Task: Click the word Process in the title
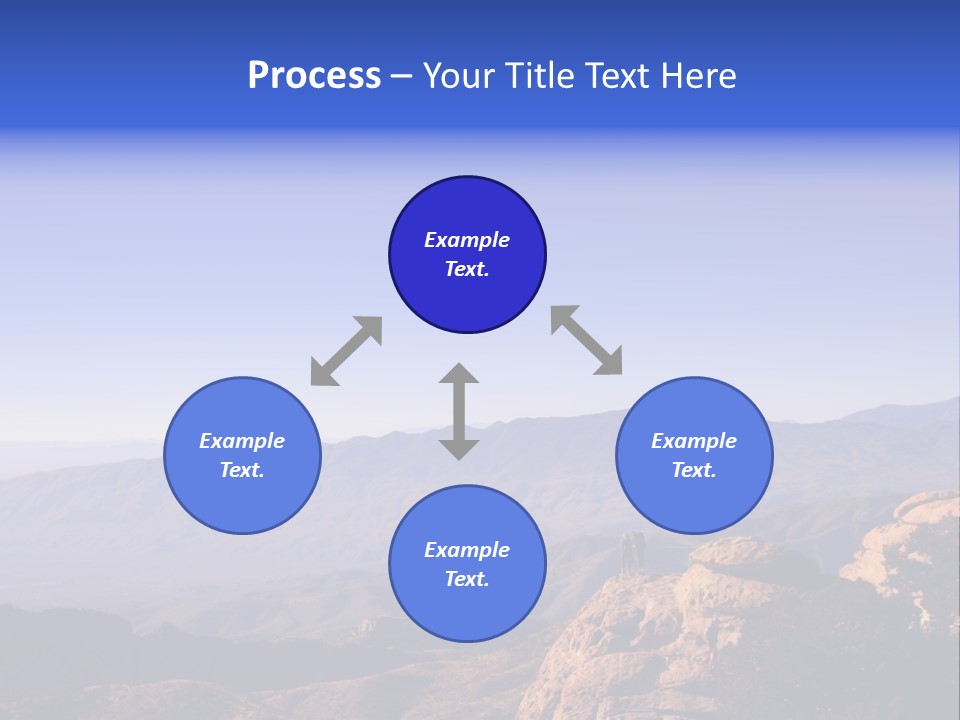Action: (x=314, y=76)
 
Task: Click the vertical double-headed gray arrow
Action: (x=459, y=411)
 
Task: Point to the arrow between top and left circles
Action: (x=346, y=351)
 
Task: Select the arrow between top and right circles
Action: (x=586, y=340)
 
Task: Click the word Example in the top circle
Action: (x=467, y=240)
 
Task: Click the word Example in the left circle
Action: (x=242, y=441)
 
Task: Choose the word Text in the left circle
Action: (x=241, y=470)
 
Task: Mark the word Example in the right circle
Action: (x=694, y=441)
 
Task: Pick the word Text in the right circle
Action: (x=693, y=470)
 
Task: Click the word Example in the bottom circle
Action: (x=467, y=550)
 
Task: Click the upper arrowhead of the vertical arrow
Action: (x=459, y=374)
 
